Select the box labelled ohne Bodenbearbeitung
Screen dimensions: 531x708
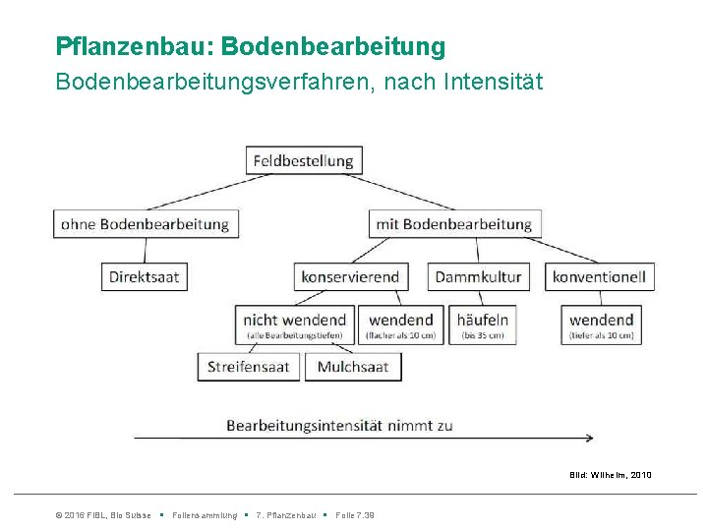[x=145, y=224]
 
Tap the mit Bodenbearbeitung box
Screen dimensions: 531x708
[x=453, y=224]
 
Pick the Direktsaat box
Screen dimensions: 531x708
[x=144, y=276]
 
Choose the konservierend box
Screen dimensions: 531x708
[x=350, y=276]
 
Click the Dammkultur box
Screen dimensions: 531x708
[x=478, y=276]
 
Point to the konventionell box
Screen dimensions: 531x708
[x=598, y=276]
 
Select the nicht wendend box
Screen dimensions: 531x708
[x=295, y=324]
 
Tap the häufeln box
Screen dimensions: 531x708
[x=483, y=324]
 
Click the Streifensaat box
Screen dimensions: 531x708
[x=249, y=367]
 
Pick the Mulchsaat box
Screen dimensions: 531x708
[x=353, y=367]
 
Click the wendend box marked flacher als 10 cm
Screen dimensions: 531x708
[x=400, y=324]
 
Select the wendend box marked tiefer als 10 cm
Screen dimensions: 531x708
[x=601, y=324]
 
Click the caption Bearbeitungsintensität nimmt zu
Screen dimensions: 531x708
[x=339, y=426]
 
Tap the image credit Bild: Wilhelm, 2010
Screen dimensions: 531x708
[x=610, y=476]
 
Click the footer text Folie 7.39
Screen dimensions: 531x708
[x=354, y=515]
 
